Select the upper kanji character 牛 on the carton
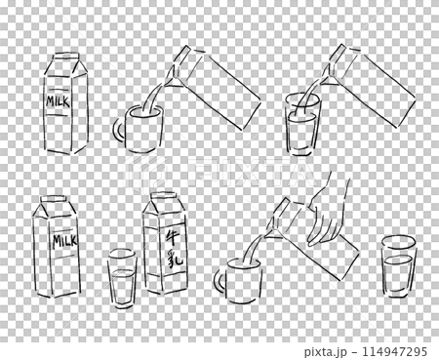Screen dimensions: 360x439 166,235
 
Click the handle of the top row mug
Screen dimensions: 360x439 117,133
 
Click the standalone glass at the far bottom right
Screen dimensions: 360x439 398,265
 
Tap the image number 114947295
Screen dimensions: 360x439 389,349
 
